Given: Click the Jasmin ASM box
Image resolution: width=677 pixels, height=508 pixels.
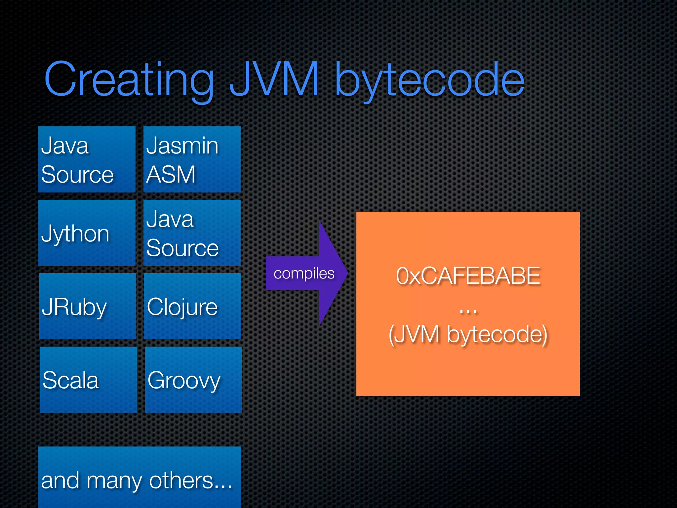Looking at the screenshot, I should click(192, 159).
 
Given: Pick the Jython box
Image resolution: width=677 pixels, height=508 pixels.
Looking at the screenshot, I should click(87, 233).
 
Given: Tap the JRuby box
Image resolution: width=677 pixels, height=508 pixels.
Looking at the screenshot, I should click(88, 306).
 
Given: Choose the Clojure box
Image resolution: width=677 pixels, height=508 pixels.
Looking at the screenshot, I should click(193, 306).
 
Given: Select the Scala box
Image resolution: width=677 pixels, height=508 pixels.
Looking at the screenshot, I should click(88, 380).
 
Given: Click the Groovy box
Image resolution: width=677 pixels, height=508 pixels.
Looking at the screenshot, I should click(193, 380).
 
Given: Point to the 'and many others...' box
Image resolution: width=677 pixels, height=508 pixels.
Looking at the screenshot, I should click(139, 477).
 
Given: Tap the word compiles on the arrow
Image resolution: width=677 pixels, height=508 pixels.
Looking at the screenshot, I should click(304, 274).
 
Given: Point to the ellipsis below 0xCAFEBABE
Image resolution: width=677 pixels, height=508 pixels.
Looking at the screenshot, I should click(468, 311).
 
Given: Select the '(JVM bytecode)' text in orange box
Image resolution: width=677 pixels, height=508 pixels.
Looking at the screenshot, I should click(468, 334).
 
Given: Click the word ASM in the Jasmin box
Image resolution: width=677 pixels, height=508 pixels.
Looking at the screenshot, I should click(171, 174).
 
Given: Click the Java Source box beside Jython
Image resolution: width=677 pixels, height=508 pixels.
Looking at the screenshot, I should click(192, 233).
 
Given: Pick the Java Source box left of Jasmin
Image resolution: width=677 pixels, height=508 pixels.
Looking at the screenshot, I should click(87, 159).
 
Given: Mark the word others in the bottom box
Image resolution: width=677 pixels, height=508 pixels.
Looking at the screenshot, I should click(181, 480).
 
